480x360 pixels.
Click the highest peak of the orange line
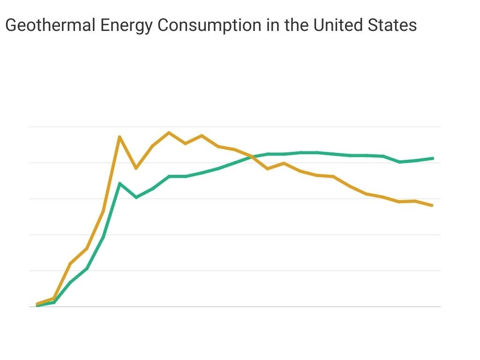pyautogui.click(x=169, y=133)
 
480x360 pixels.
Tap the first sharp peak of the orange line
pyautogui.click(x=120, y=137)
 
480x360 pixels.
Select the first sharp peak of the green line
pyautogui.click(x=120, y=183)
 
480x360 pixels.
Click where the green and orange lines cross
pyautogui.click(x=251, y=157)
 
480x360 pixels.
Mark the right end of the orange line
pyautogui.click(x=432, y=205)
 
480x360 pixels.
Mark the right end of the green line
pyautogui.click(x=433, y=158)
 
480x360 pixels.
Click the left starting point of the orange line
pyautogui.click(x=37, y=304)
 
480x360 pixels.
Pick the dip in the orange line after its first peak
pyautogui.click(x=136, y=168)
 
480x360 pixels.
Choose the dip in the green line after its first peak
pyautogui.click(x=136, y=197)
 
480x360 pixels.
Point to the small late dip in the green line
pyautogui.click(x=399, y=162)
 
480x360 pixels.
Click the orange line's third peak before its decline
pyautogui.click(x=202, y=136)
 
